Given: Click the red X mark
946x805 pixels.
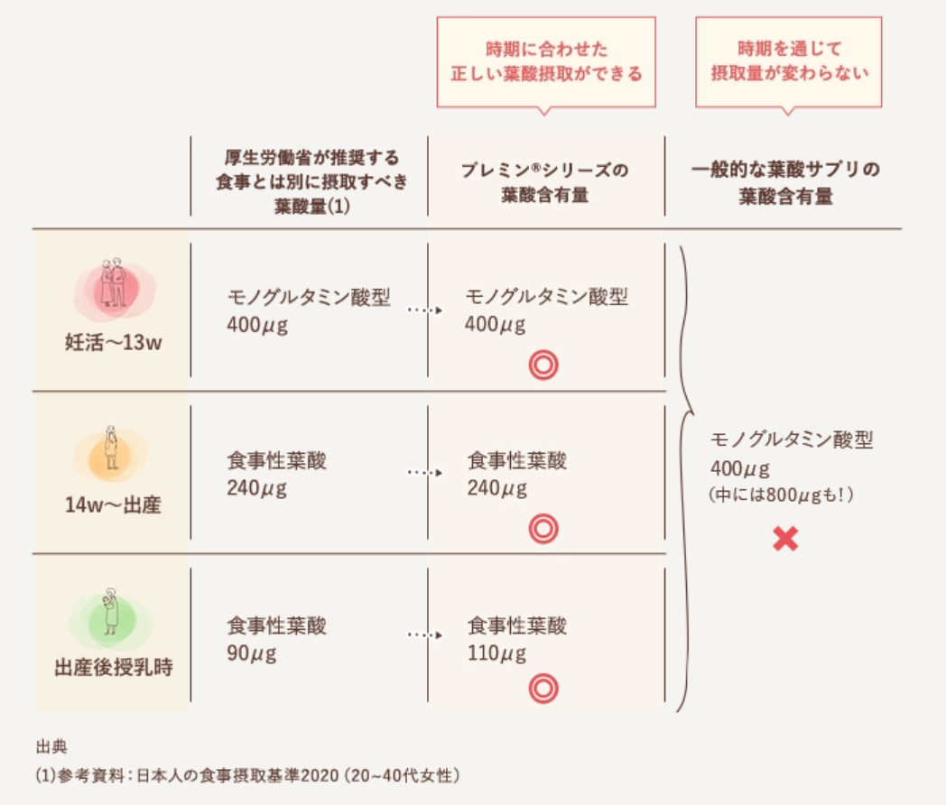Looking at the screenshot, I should pos(785,539).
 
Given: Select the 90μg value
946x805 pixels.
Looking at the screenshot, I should pos(252,652).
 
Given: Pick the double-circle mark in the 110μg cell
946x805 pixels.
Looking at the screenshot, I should pos(543,689).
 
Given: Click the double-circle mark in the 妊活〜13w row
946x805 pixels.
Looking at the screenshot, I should pos(543,365).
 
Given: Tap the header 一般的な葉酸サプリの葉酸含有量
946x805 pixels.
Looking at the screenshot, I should pos(785,182).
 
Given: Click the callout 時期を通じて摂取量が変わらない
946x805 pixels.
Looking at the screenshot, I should pos(788,61).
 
